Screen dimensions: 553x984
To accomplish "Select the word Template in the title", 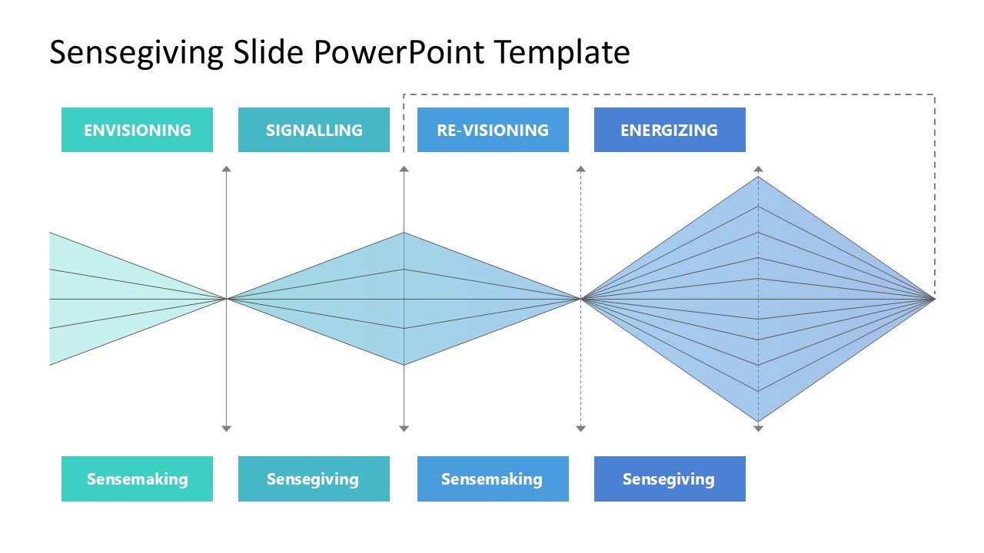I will coord(563,53).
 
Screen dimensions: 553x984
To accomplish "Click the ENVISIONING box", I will coord(137,130).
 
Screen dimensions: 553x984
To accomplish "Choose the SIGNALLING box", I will coord(314,130).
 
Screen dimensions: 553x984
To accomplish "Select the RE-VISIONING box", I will coord(493,130).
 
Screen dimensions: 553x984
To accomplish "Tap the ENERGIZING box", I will coord(670,130).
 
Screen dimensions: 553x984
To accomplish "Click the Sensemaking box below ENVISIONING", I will coord(137,479).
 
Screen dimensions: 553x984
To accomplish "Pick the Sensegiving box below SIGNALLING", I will coord(314,479).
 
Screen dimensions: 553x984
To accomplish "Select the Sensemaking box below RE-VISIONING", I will coord(493,479).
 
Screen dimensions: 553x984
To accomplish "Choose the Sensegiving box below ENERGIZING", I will coord(670,479).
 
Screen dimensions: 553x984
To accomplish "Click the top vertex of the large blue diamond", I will coord(759,177).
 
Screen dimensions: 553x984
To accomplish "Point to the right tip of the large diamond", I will coord(933,298).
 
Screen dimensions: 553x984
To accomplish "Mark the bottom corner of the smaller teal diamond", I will coord(404,365).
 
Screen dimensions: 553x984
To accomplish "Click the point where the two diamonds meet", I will coord(581,298).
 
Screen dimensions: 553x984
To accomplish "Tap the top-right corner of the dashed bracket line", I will coord(934,94).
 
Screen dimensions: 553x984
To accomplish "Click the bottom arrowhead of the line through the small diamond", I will coord(404,428).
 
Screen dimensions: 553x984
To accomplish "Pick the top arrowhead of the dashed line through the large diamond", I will coord(758,168).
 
